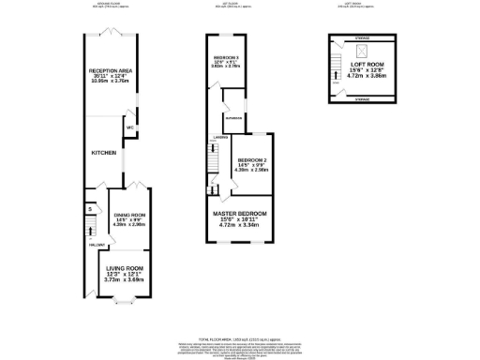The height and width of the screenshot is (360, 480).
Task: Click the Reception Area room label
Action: [109, 70]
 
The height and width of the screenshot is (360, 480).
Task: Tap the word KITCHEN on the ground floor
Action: [102, 151]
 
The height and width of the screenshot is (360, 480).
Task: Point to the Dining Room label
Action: [125, 215]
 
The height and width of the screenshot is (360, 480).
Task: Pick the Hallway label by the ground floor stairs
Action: [95, 245]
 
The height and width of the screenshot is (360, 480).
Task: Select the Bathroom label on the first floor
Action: [233, 118]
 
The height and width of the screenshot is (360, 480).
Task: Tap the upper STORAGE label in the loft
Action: [362, 39]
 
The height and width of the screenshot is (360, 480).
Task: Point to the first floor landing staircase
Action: [214, 154]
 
